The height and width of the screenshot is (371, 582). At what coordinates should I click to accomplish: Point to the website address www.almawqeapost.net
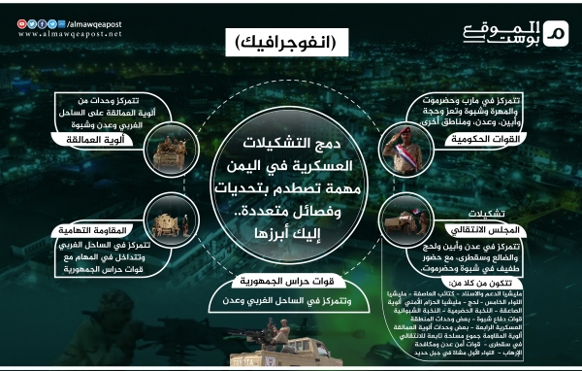click(62, 33)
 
